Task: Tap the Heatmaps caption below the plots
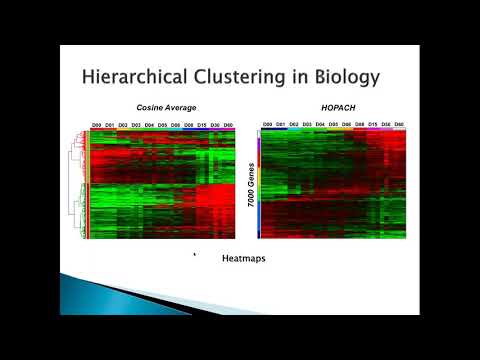click(x=242, y=257)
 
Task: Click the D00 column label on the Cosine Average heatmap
click(x=97, y=125)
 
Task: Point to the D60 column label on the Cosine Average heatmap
click(x=228, y=125)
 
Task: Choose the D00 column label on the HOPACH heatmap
click(x=267, y=125)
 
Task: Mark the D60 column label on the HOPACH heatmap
click(x=399, y=125)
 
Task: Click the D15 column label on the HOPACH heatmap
click(x=372, y=125)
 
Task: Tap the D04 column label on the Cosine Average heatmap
click(x=149, y=125)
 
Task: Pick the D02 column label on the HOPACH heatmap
click(x=294, y=125)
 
